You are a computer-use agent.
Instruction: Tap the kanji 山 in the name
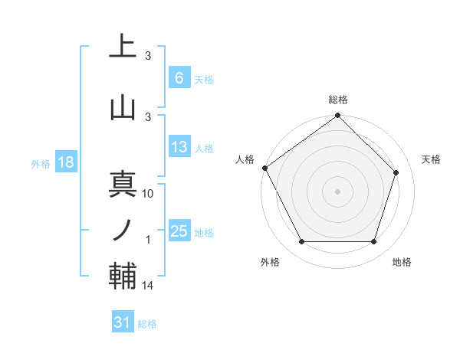(123, 106)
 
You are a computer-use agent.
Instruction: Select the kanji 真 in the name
(123, 185)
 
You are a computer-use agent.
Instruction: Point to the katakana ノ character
(123, 229)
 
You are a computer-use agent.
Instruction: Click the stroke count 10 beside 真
(149, 194)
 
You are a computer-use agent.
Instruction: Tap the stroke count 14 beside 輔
(149, 286)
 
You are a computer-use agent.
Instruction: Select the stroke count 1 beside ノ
(149, 240)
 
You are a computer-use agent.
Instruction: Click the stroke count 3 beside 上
(149, 56)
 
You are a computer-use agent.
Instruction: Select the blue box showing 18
(65, 162)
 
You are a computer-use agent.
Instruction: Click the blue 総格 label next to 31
(147, 324)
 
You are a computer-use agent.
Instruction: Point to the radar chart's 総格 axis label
(338, 100)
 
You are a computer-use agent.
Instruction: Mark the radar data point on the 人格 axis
(264, 168)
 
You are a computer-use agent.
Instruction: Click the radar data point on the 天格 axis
(396, 173)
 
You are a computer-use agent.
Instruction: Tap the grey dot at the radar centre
(337, 191)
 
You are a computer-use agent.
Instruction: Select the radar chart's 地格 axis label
(402, 262)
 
